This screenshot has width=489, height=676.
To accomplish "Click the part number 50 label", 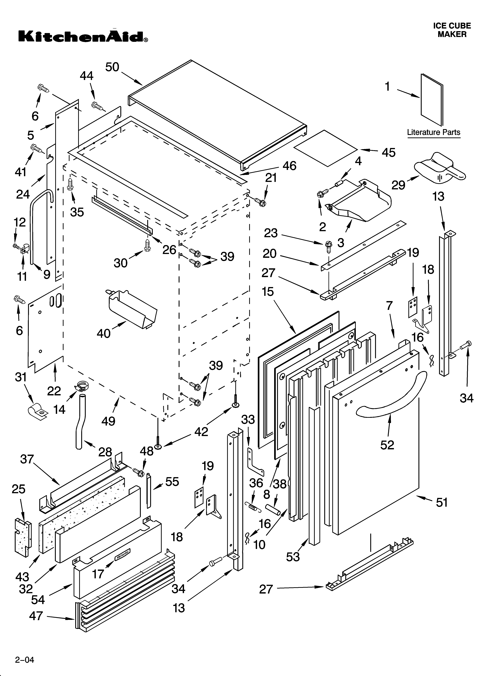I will pyautogui.click(x=112, y=67).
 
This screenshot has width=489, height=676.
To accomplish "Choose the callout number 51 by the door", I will pyautogui.click(x=442, y=503).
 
